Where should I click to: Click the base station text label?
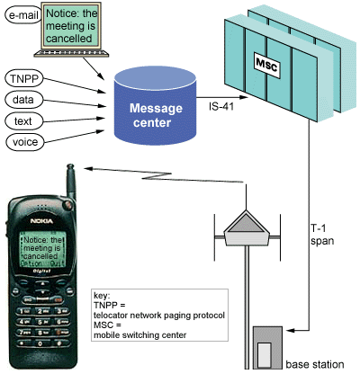coord(314,364)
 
